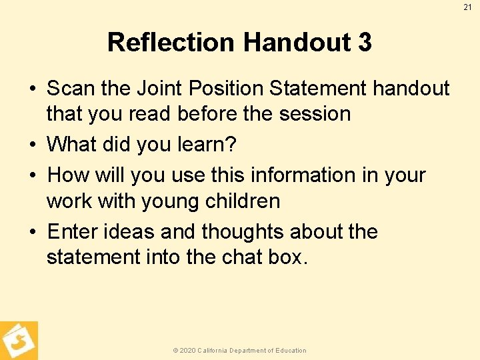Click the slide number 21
467,7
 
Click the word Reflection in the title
171,43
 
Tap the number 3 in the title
364,43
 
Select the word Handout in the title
298,43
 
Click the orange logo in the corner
19,341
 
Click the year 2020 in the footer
187,351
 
